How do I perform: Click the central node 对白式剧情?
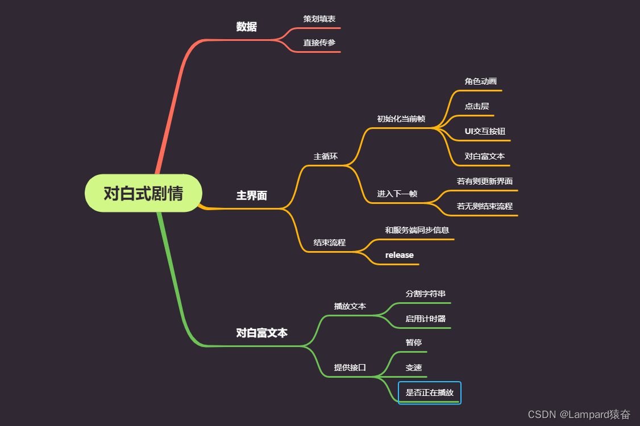(x=143, y=193)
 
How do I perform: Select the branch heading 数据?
(x=246, y=27)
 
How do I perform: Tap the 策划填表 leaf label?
(x=319, y=19)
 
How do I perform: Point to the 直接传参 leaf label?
(x=319, y=43)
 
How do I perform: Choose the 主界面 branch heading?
(x=251, y=196)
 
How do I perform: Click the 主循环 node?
(x=325, y=156)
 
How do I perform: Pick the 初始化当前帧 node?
(x=401, y=119)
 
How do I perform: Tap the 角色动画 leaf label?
(x=480, y=81)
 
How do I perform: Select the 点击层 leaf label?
(x=476, y=106)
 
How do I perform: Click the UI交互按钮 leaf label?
(x=485, y=131)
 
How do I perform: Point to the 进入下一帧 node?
(x=397, y=194)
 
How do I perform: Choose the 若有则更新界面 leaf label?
(x=484, y=181)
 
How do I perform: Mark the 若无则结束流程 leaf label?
(x=484, y=206)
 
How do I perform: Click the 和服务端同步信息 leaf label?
(x=417, y=230)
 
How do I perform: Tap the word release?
(x=399, y=255)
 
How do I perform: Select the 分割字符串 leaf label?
(x=425, y=294)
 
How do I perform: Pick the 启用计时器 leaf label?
(x=425, y=319)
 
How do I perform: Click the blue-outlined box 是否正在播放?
(x=429, y=392)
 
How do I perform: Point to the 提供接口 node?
(x=350, y=367)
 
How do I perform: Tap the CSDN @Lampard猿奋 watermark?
(x=579, y=414)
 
